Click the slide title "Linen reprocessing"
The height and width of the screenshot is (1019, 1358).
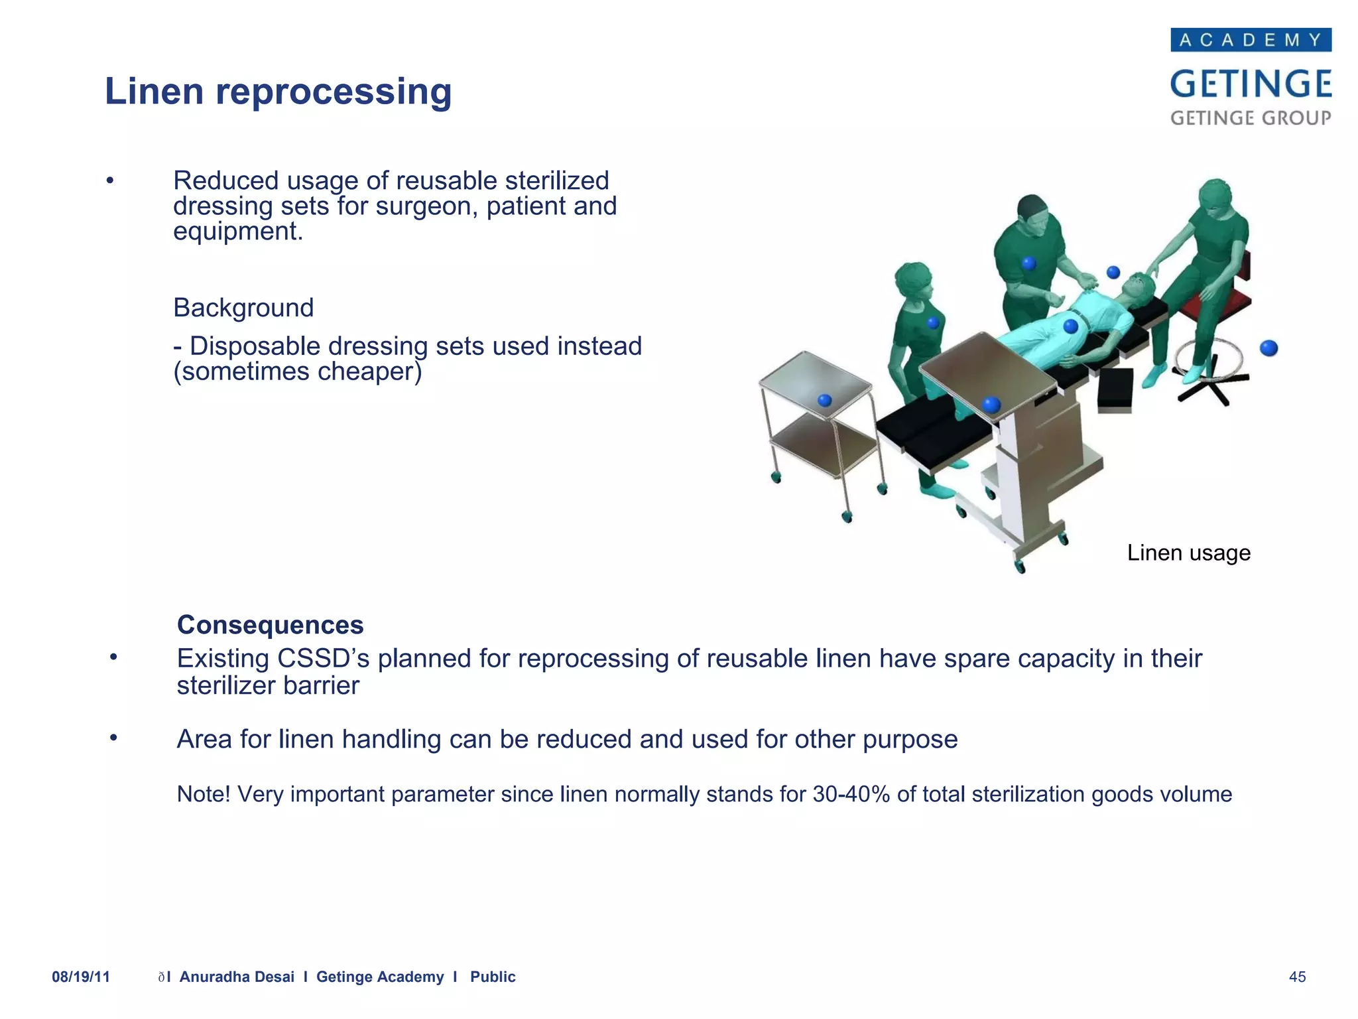(x=278, y=91)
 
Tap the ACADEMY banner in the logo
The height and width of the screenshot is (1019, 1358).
(x=1251, y=40)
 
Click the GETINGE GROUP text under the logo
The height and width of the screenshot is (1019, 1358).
(x=1251, y=118)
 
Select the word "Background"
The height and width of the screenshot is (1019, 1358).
(x=243, y=308)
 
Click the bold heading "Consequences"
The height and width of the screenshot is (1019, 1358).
(x=270, y=625)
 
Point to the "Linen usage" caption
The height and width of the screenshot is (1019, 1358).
(x=1188, y=553)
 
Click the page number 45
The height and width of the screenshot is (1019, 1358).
(x=1297, y=977)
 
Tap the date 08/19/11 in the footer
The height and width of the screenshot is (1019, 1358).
(x=81, y=977)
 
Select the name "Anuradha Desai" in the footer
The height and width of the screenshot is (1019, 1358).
(x=237, y=977)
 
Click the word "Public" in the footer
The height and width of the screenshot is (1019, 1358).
(x=493, y=977)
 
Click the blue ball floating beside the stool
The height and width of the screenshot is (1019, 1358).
(x=1268, y=348)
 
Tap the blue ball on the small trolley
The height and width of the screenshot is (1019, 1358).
(x=825, y=400)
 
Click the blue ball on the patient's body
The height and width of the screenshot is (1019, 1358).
(x=1071, y=326)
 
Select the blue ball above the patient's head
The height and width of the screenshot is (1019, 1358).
(x=1113, y=272)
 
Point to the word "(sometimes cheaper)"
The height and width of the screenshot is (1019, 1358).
(x=298, y=372)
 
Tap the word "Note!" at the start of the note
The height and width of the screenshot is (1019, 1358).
(x=203, y=794)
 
